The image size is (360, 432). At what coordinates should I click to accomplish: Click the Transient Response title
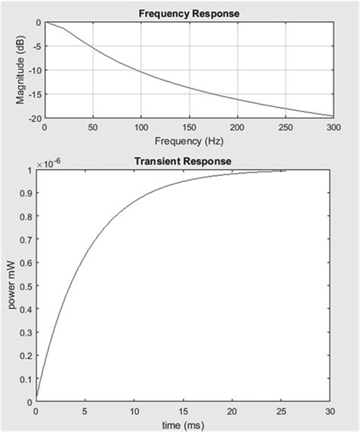click(x=182, y=162)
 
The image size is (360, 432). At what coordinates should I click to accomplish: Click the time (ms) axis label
click(x=182, y=424)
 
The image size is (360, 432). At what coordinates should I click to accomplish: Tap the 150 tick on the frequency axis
click(x=189, y=128)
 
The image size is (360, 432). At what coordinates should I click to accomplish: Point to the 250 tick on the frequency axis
click(x=286, y=128)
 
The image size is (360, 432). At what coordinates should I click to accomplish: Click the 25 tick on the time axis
click(x=280, y=411)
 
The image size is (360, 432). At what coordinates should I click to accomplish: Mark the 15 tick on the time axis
click(x=182, y=411)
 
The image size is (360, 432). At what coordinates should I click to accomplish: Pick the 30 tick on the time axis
click(x=329, y=411)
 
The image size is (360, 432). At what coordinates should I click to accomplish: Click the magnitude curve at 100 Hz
click(x=141, y=71)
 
